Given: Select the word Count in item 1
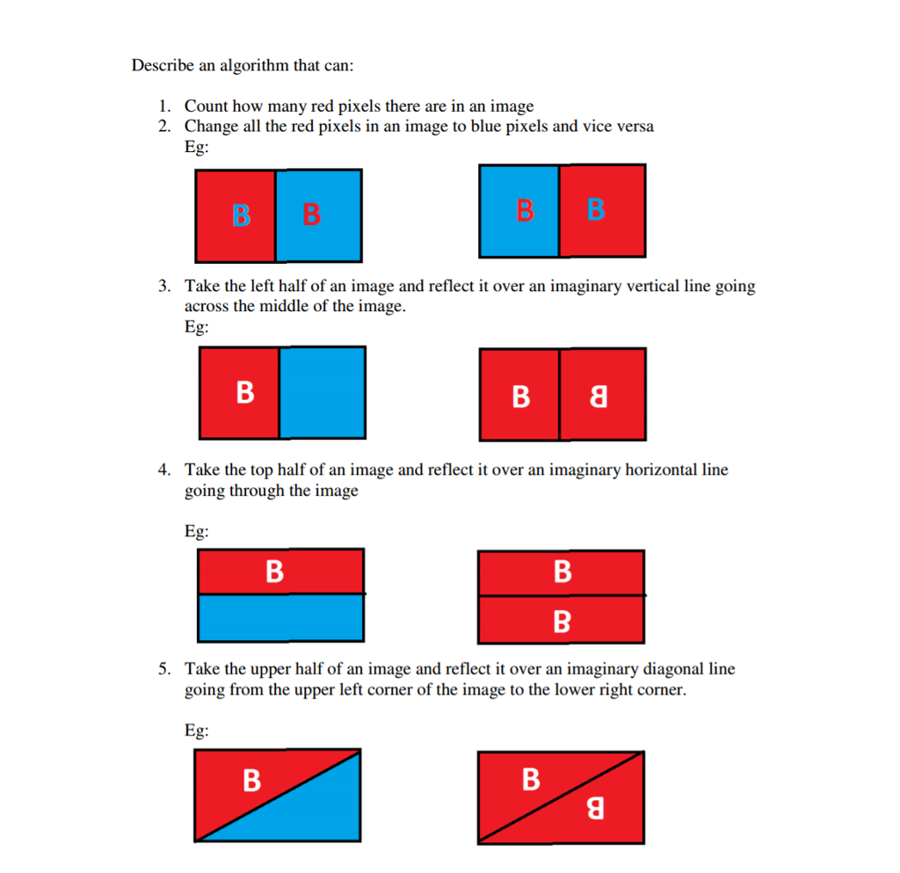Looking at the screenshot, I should [x=205, y=106].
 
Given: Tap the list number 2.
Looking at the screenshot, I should [x=163, y=126].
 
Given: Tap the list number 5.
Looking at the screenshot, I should [x=163, y=669].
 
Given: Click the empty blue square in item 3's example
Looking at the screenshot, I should [x=322, y=392].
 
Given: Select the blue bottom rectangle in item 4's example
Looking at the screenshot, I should [x=280, y=618].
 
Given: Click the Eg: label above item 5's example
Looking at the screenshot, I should [x=196, y=731].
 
